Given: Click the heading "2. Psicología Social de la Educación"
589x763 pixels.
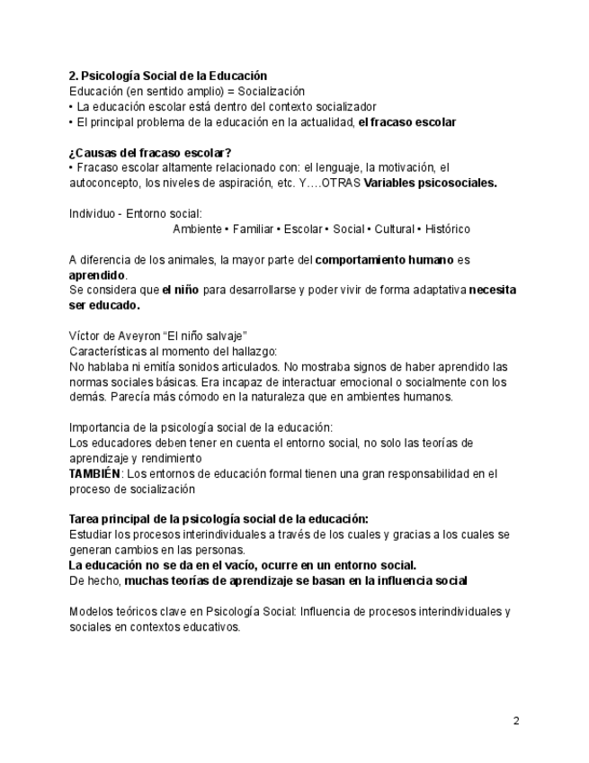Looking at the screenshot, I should [167, 76].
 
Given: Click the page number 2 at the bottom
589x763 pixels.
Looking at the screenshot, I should [516, 720].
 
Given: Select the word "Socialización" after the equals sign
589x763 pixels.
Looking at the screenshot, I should [271, 92].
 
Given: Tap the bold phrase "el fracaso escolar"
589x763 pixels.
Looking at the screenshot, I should [406, 121].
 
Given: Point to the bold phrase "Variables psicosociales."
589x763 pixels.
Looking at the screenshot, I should [430, 183].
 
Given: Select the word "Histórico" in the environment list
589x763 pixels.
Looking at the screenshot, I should [447, 229].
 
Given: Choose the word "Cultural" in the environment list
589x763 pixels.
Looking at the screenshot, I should [394, 229].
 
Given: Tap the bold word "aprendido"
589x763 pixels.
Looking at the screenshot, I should [98, 274].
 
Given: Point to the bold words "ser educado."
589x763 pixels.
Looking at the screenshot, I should [104, 305].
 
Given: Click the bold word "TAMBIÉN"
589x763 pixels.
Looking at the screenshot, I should [94, 473].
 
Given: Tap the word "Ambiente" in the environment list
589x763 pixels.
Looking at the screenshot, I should [197, 229].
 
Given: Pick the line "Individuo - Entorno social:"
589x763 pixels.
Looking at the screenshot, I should [135, 213].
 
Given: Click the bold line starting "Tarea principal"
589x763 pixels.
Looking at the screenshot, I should [219, 519].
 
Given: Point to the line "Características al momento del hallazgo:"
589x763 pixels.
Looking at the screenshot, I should [173, 351].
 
